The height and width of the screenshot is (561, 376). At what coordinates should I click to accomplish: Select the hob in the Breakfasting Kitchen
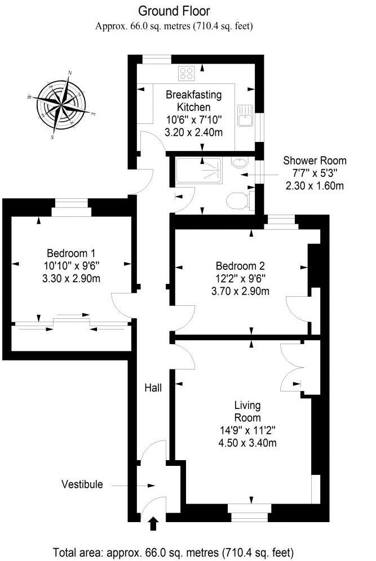point(187,73)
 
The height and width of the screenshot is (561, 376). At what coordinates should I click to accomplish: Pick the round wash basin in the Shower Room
point(239,163)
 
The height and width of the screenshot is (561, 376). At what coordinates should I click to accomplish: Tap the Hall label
point(153,388)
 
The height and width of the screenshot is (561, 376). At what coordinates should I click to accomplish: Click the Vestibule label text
point(82,484)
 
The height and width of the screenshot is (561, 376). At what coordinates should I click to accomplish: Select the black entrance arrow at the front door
point(152,525)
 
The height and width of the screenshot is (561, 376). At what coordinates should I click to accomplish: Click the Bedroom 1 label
point(69,252)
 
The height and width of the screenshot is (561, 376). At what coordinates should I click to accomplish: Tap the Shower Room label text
point(315,161)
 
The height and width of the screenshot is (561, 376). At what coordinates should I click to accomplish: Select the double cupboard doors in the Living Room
point(291,366)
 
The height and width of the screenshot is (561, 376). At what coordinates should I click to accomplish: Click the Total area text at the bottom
point(173,551)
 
